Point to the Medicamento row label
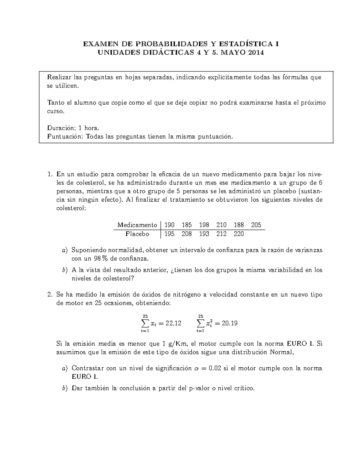tap(137, 225)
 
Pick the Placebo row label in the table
tap(137, 234)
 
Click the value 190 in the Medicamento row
tap(169, 225)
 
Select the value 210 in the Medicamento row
tap(221, 225)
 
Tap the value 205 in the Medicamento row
tap(256, 225)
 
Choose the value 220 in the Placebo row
tap(239, 234)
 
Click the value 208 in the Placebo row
tap(187, 234)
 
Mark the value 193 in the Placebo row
tap(204, 234)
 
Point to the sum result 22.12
tap(173, 323)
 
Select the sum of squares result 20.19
tap(229, 323)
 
